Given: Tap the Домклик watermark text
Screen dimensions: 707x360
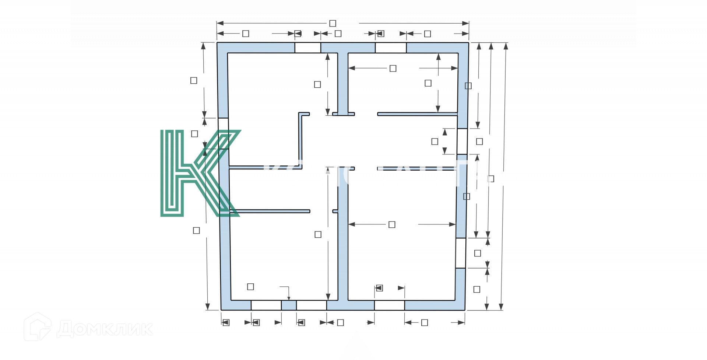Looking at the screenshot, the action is (105, 329).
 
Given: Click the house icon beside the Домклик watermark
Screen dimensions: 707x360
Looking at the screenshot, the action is (37, 327).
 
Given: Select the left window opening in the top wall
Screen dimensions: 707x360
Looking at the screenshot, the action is (307, 48).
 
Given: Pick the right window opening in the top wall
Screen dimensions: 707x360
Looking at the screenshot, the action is (391, 48).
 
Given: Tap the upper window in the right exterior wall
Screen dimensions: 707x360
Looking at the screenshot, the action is (462, 141).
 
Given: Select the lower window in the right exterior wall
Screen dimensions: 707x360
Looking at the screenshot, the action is (460, 253).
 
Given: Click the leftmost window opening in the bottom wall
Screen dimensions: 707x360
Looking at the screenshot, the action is (266, 305).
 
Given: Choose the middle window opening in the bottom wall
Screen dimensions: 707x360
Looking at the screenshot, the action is (312, 305).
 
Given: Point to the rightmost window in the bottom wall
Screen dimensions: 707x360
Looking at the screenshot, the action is (389, 305).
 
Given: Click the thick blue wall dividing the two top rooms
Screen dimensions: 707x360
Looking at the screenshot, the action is (343, 83).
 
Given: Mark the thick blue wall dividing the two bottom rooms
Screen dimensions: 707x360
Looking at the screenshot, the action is (343, 240).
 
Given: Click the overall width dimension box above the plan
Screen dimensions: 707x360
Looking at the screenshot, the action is (333, 24).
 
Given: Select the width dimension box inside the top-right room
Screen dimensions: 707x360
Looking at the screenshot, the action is (393, 68).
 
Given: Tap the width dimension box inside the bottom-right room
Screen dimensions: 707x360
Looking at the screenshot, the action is (392, 224).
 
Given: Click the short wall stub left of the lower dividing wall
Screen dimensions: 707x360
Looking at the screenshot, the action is (335, 211).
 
